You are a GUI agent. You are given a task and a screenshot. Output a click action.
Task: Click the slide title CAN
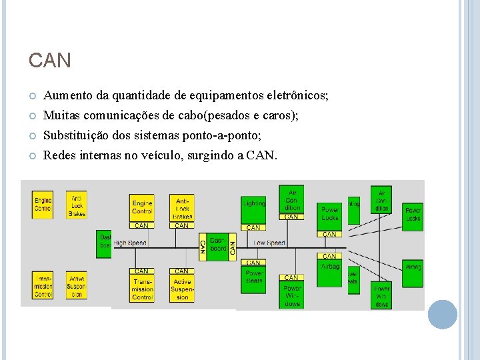point(49,61)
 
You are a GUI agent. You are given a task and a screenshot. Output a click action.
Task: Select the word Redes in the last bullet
point(58,155)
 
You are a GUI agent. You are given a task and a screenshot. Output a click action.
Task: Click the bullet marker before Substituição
point(32,136)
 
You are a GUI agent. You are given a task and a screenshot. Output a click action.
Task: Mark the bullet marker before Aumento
point(32,97)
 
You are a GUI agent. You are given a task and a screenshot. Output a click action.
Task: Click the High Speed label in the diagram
point(130,243)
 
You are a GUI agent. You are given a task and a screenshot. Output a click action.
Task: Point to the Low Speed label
point(270,243)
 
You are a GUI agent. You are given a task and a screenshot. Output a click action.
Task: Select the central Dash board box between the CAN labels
point(218,244)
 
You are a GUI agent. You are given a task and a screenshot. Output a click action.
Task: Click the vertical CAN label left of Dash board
point(203,247)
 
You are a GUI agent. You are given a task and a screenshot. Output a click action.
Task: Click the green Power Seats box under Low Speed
point(254,277)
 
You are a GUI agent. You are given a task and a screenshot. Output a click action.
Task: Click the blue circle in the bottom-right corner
point(442,314)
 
